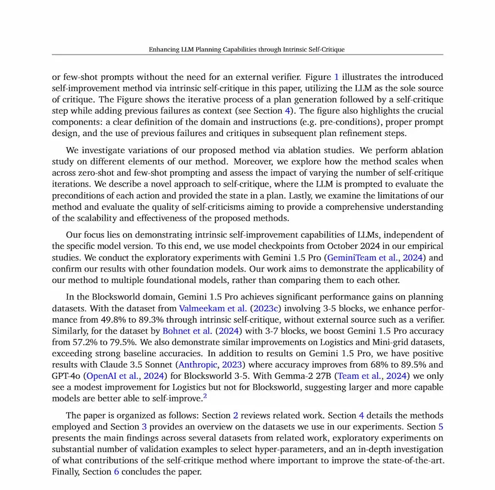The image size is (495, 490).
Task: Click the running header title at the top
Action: [247, 50]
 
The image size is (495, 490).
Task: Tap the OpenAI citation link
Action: [105, 377]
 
